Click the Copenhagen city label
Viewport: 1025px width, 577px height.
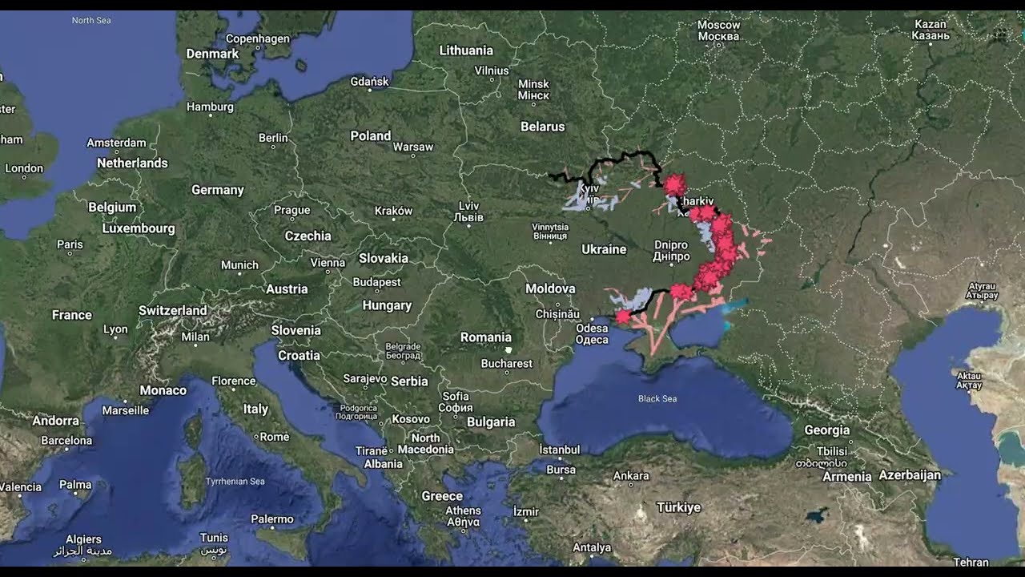(257, 38)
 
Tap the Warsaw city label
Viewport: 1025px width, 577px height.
(413, 147)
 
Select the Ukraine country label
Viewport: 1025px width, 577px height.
(604, 249)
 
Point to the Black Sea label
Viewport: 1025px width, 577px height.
(657, 398)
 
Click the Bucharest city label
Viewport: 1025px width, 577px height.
(506, 363)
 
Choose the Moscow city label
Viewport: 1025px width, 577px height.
(718, 30)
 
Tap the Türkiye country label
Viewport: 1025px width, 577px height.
(678, 507)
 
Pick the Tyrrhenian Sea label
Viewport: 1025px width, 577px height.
(235, 482)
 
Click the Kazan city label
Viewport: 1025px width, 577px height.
(931, 30)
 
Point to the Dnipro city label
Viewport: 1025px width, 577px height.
(671, 251)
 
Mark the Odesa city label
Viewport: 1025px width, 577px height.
(592, 333)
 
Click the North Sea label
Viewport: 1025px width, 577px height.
(91, 20)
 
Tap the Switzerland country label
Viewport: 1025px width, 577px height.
(172, 310)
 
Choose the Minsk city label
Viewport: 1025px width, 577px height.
(533, 89)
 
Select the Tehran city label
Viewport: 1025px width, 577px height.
(971, 562)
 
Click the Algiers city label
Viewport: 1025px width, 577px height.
(83, 544)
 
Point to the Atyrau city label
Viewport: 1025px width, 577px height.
(983, 290)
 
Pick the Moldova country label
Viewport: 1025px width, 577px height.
(550, 288)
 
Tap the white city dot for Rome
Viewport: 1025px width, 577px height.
(256, 438)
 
